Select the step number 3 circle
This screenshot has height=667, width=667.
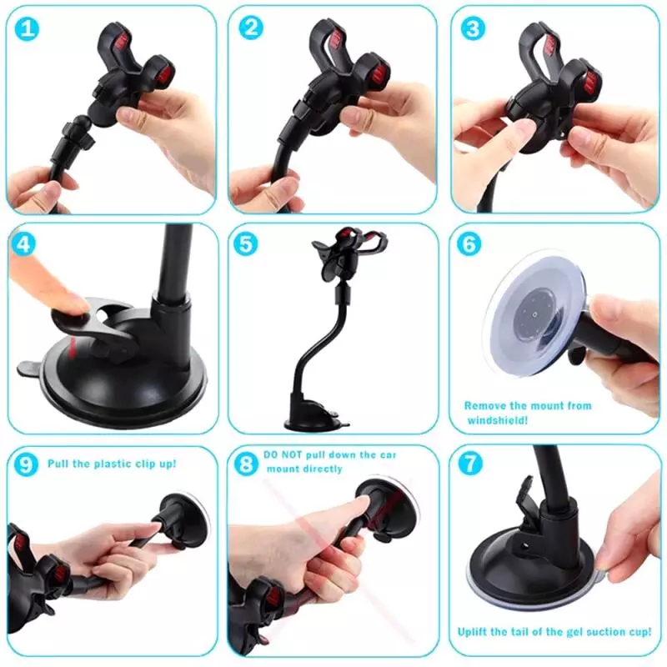tap(474, 29)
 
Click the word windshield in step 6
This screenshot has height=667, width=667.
tap(495, 421)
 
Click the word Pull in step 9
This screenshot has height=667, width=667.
tap(59, 463)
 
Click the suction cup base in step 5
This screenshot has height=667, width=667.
tap(313, 417)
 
